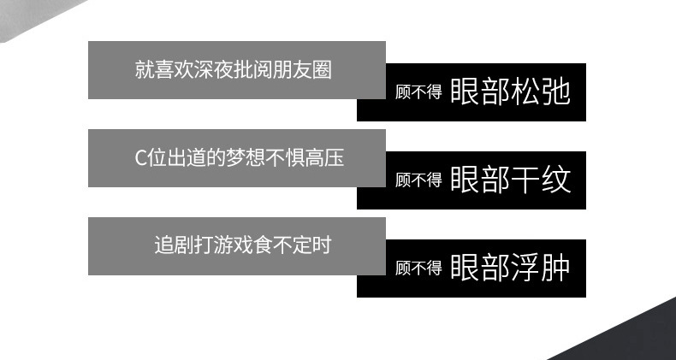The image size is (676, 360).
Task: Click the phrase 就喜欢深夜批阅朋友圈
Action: tap(233, 69)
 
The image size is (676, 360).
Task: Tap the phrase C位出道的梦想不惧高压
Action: tap(239, 157)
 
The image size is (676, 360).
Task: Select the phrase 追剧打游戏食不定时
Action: tap(242, 245)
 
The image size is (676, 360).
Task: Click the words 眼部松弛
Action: tap(509, 91)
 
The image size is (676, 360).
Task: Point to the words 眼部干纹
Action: tap(509, 180)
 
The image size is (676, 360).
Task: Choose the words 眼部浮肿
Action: tap(509, 268)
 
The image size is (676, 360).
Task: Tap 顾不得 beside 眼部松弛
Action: tap(418, 92)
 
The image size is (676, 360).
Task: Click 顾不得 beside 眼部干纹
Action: tap(418, 180)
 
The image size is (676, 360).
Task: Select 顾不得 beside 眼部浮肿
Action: tap(418, 269)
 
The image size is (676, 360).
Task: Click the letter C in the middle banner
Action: tap(141, 158)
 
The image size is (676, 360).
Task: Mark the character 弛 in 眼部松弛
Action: tap(555, 91)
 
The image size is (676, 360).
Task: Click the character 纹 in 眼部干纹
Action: tap(555, 180)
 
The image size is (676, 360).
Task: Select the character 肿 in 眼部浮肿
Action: tap(555, 268)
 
